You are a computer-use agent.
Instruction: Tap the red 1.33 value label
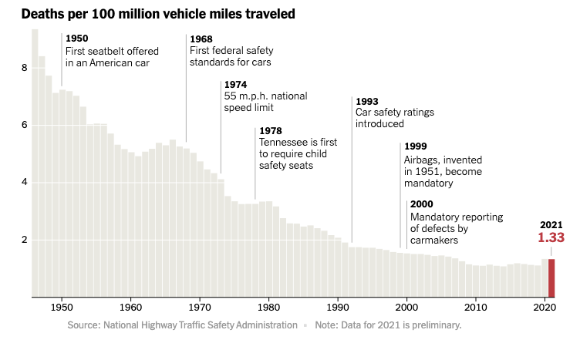551,238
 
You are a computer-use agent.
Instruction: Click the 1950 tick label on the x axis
62,306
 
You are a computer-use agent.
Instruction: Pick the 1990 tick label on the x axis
338,306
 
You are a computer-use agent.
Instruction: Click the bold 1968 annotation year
201,39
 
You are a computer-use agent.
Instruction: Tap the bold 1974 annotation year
235,84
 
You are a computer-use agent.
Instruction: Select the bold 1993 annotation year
367,100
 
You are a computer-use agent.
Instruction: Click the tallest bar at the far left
35,162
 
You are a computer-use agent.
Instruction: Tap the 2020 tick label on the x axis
545,306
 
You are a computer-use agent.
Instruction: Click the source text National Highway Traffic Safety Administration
201,325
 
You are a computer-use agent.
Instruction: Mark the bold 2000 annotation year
422,204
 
